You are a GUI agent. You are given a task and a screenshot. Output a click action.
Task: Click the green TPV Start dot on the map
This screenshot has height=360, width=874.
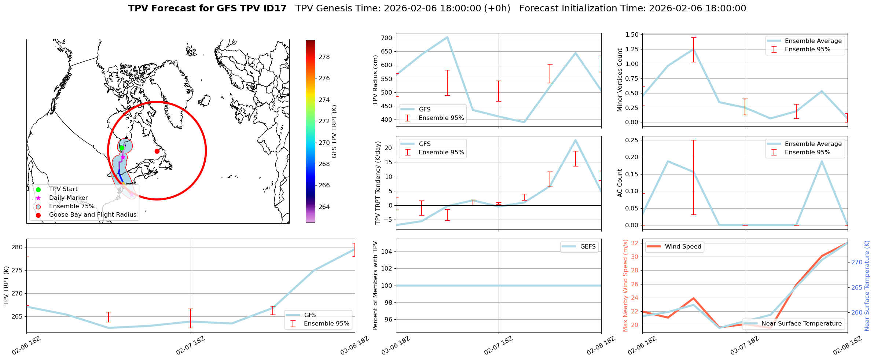point(121,148)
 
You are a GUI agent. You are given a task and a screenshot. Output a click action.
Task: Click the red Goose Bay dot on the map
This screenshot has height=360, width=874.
point(157,151)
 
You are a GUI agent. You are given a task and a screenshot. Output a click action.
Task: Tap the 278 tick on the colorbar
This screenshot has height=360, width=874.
point(324,57)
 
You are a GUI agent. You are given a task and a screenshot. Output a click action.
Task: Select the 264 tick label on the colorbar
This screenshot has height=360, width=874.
point(324,207)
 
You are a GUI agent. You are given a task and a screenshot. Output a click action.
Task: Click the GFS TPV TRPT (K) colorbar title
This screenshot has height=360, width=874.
point(334,132)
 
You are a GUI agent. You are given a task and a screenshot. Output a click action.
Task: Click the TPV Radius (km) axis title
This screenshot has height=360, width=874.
point(375,80)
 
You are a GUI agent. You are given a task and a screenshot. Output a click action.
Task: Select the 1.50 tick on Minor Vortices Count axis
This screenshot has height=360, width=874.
point(631,34)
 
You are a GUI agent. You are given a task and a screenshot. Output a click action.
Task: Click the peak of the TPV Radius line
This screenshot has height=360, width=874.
point(447,37)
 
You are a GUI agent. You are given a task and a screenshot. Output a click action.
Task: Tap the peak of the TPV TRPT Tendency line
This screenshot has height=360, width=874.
point(576,140)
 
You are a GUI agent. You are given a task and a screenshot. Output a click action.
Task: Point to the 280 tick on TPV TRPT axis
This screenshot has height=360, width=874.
point(18,247)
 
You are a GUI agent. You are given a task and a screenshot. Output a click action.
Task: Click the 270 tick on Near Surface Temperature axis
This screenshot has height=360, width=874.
point(857,262)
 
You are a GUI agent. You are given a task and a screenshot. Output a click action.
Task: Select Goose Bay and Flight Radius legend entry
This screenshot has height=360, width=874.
point(92,215)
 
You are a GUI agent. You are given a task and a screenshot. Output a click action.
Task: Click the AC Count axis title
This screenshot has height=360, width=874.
point(620,183)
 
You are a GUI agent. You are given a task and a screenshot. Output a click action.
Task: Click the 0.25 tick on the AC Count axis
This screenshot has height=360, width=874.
point(631,140)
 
